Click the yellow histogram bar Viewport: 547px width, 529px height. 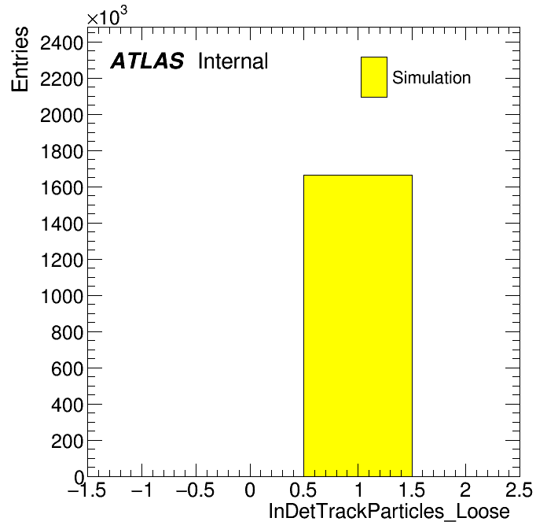click(358, 326)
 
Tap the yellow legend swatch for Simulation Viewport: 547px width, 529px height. click(374, 77)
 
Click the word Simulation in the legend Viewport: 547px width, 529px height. click(431, 77)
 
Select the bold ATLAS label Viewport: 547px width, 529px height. click(147, 61)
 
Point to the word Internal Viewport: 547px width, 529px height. click(233, 61)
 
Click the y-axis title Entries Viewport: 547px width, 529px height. click(20, 59)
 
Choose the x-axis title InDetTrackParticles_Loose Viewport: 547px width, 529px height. click(389, 511)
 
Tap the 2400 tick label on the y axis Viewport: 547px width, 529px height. click(62, 43)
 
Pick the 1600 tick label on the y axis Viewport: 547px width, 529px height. click(62, 188)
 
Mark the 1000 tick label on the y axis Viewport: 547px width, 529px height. click(62, 297)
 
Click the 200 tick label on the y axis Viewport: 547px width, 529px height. click(67, 442)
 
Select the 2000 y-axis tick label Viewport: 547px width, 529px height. click(62, 116)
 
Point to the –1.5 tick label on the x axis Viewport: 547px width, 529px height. click(86, 490)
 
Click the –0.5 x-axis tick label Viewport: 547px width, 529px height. click(195, 490)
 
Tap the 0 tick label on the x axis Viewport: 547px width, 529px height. click(250, 490)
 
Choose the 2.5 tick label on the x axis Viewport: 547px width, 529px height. click(519, 490)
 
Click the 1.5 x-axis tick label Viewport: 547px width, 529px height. click(412, 490)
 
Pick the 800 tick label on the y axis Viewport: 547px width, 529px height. click(67, 333)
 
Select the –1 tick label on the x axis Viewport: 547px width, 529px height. click(141, 490)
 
